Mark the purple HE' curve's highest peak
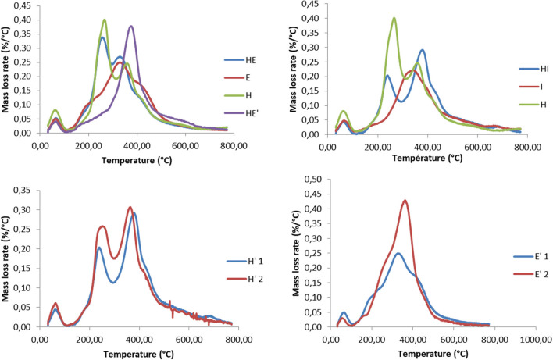tap(131, 27)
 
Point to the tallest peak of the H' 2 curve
tap(130, 207)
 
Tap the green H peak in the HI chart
tap(394, 18)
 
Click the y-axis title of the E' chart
tap(298, 254)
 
